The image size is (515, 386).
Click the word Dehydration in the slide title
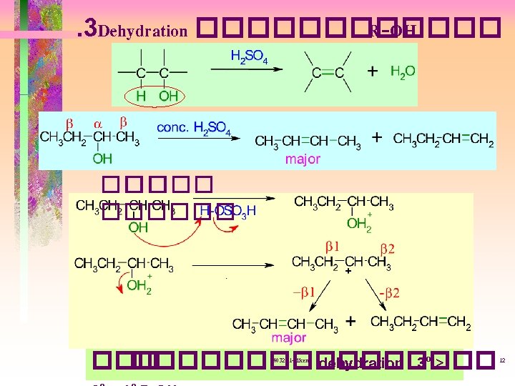(x=143, y=31)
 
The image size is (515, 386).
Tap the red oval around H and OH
(x=153, y=96)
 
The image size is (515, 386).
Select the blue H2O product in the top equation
(x=403, y=71)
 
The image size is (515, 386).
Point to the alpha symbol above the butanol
(x=94, y=122)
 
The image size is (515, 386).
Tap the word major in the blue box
(x=303, y=159)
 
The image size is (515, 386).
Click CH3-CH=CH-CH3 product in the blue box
(x=308, y=142)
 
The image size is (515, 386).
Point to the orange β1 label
(x=332, y=247)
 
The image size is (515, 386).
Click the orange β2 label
(x=387, y=249)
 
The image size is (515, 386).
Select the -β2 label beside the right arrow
(x=389, y=293)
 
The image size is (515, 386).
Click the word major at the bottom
(x=289, y=337)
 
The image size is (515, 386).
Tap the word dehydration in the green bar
(x=360, y=364)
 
